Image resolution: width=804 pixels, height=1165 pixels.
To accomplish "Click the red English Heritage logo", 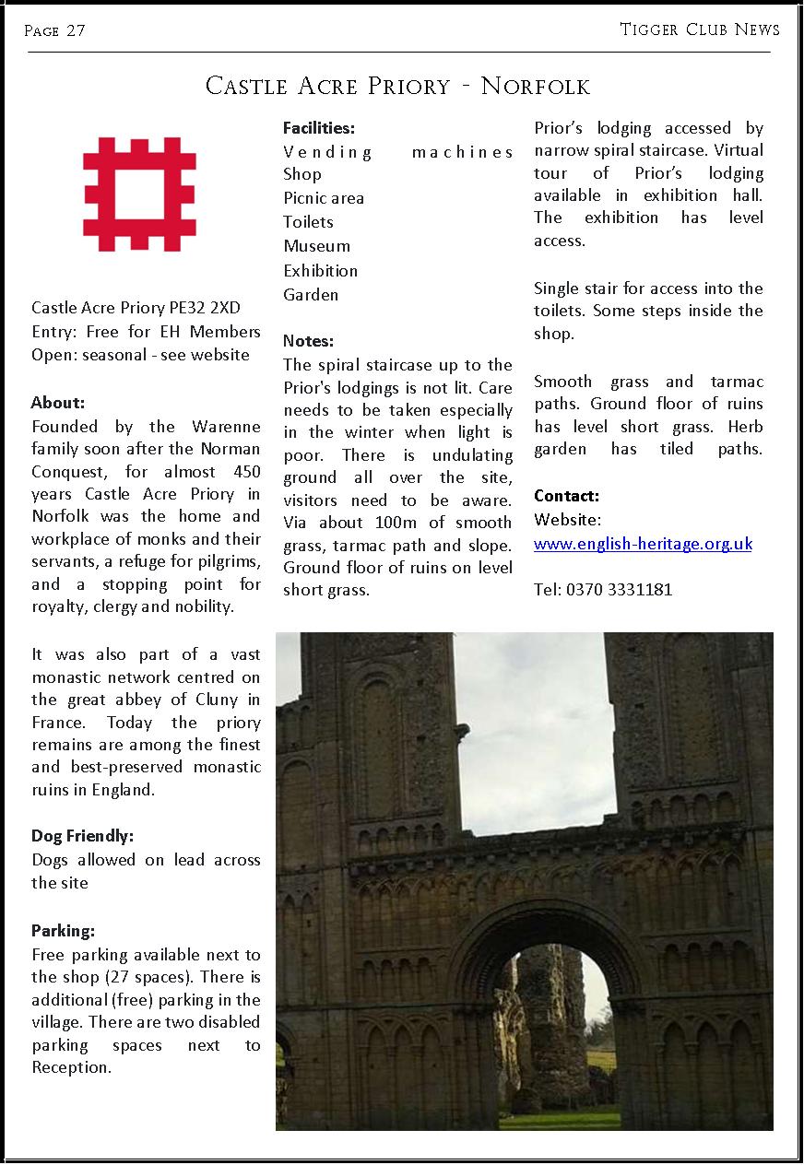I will (139, 195).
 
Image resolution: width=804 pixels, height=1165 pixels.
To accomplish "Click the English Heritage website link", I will (643, 544).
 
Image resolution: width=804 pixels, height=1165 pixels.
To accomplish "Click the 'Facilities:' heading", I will (318, 128).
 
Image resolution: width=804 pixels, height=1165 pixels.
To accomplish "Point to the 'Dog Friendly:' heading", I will (83, 836).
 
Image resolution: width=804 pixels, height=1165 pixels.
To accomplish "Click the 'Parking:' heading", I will (64, 930).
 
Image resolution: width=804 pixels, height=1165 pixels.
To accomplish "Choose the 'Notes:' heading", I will (308, 341).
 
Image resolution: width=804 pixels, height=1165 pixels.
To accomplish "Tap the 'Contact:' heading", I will (566, 496).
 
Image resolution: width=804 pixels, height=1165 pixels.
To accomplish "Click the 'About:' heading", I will (58, 402).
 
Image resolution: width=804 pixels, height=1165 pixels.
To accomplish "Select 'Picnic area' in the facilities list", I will (324, 198).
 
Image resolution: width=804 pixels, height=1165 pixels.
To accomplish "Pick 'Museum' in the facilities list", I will (316, 246).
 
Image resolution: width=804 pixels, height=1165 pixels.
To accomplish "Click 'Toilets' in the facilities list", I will (308, 222).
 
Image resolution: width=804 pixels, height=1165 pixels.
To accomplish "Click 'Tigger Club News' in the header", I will (700, 29).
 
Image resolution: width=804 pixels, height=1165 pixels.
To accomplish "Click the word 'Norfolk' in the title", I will (535, 87).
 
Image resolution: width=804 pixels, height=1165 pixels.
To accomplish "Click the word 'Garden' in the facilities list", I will (311, 295).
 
